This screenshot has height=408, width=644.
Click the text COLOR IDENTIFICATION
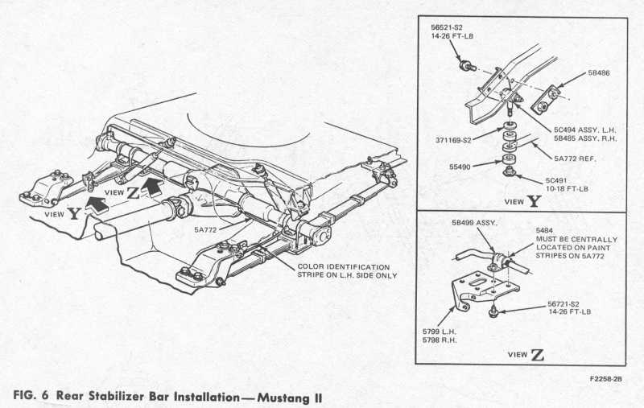344,266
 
